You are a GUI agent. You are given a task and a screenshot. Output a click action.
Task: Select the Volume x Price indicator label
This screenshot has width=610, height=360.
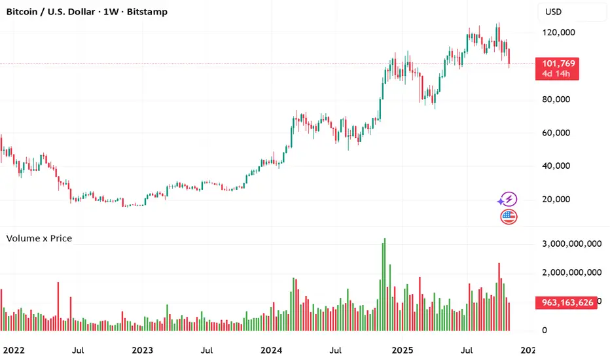pos(39,238)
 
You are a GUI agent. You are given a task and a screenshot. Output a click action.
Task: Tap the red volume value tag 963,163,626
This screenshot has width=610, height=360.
pos(566,303)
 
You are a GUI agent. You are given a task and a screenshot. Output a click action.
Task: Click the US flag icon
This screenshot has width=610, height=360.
pos(509,217)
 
